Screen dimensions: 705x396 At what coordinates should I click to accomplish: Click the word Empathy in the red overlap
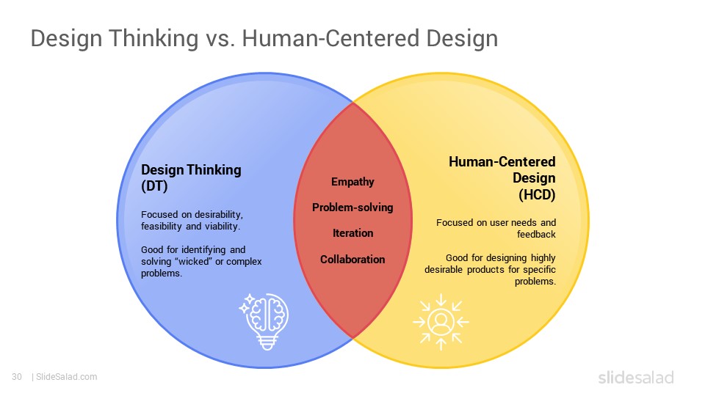(352, 182)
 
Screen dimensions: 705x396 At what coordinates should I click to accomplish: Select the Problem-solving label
(352, 208)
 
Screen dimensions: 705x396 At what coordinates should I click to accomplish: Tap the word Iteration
(353, 233)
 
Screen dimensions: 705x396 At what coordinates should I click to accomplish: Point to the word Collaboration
(352, 259)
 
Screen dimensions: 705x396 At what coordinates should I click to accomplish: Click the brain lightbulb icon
(264, 321)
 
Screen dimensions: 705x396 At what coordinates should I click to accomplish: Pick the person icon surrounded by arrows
(441, 322)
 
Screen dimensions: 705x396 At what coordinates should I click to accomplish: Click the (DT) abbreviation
(154, 186)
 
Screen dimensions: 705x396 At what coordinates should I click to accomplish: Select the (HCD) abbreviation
(537, 195)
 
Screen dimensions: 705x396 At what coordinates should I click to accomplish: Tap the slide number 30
(17, 377)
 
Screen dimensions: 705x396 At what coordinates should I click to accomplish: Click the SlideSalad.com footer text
(66, 377)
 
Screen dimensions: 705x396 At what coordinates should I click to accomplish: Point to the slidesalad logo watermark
(636, 377)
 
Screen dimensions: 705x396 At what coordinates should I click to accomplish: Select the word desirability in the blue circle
(219, 215)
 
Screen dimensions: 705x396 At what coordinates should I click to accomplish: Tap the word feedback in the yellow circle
(536, 235)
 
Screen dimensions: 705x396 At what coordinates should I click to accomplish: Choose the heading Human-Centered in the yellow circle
(502, 161)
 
